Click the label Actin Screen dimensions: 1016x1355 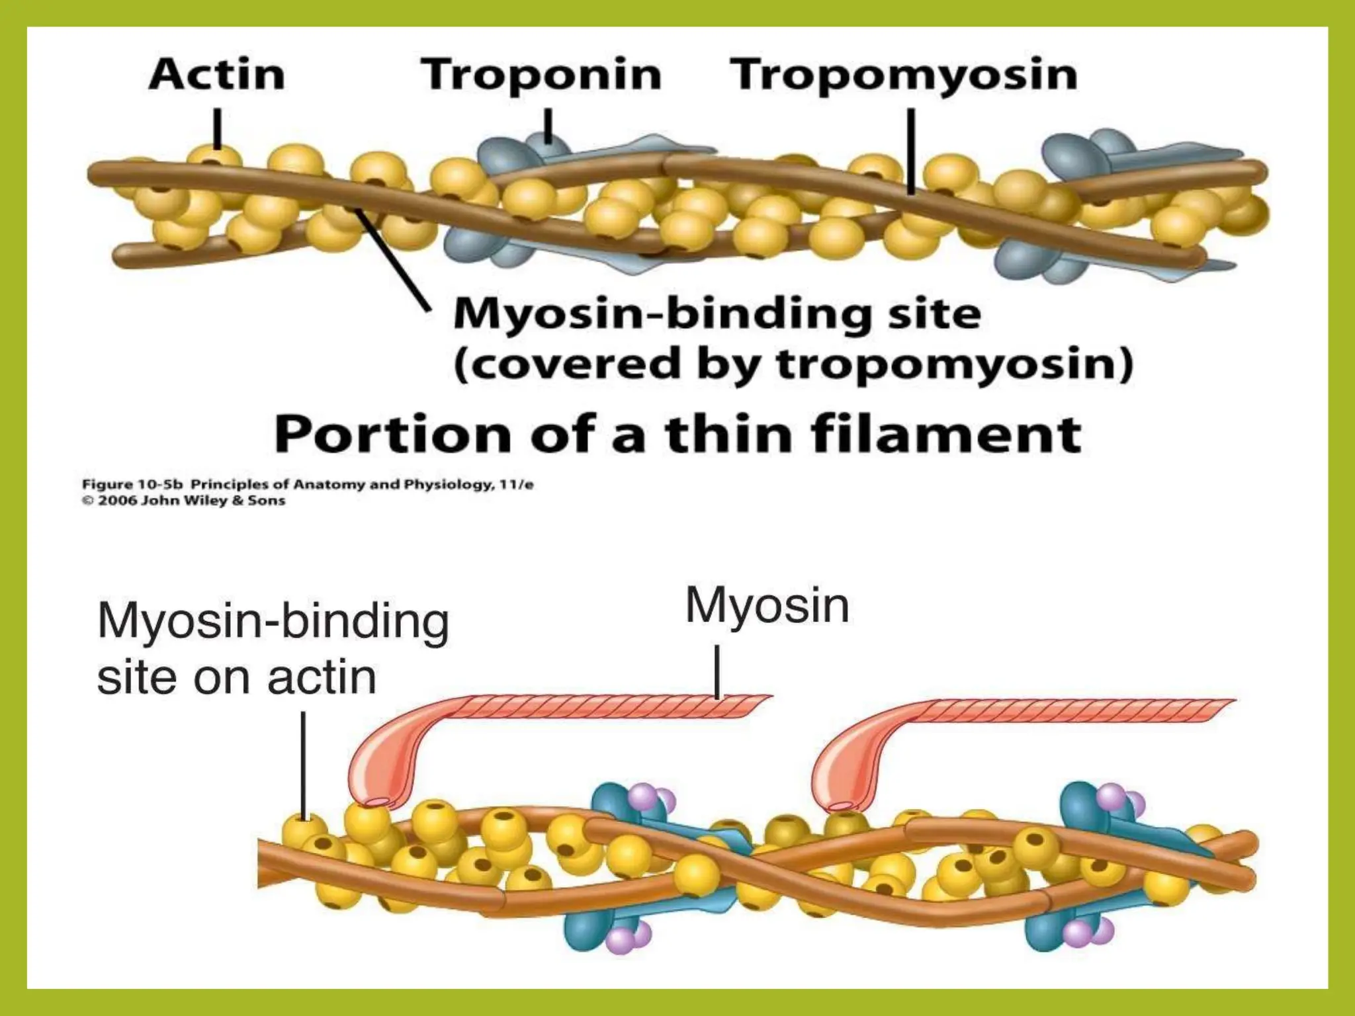pyautogui.click(x=217, y=74)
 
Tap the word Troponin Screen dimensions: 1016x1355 pyautogui.click(x=541, y=74)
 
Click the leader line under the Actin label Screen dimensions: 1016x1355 pyautogui.click(x=217, y=128)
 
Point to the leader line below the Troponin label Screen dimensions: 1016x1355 pyautogui.click(x=548, y=126)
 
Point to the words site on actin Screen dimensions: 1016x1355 pyautogui.click(x=236, y=677)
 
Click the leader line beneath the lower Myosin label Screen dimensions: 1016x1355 pyautogui.click(x=718, y=671)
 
